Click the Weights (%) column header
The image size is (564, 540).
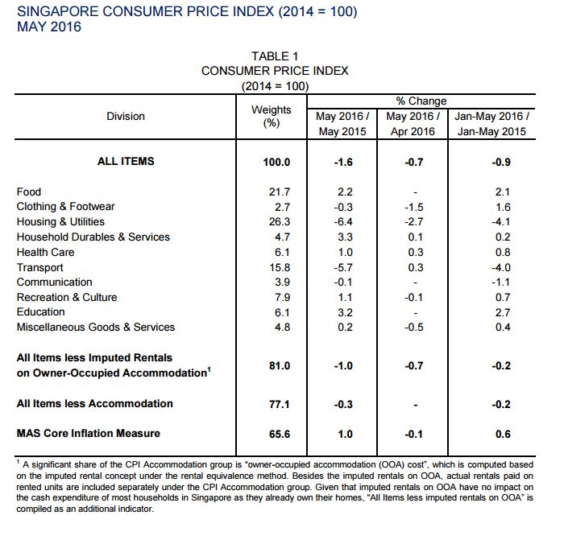point(272,116)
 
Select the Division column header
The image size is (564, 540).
point(126,116)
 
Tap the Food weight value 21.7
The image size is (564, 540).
point(280,192)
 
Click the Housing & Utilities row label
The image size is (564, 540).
point(60,221)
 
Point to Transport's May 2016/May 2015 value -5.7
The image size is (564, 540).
point(343,267)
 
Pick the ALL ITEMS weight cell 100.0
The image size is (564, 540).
point(276,162)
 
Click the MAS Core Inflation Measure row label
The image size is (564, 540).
point(88,433)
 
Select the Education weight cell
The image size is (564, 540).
point(282,312)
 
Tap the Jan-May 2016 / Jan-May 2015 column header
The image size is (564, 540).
point(491,124)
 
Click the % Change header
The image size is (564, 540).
point(421,101)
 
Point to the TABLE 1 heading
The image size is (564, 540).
point(275,56)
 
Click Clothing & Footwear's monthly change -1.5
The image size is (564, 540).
point(413,208)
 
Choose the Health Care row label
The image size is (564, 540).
point(45,252)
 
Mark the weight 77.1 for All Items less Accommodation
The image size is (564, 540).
point(279,404)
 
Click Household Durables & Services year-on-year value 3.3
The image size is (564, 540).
point(345,237)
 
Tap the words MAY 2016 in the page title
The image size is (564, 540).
point(49,27)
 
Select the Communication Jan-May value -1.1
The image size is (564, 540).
point(500,282)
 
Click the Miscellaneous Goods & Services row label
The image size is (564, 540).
point(96,327)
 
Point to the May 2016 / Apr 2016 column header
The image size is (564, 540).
point(413,124)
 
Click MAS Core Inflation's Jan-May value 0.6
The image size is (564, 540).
point(503,434)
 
